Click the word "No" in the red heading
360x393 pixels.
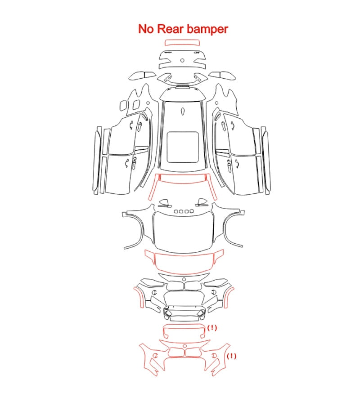click(x=145, y=29)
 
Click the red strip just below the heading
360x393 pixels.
click(x=182, y=42)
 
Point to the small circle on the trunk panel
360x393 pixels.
click(x=182, y=60)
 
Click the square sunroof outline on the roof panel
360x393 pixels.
click(x=183, y=147)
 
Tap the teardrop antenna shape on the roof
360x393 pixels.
click(x=183, y=112)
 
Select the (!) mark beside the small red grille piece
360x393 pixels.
click(x=212, y=328)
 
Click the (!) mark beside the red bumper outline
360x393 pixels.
click(x=231, y=356)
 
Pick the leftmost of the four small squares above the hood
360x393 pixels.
click(x=176, y=211)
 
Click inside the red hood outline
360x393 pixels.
click(x=184, y=263)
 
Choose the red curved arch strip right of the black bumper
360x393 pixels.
click(x=229, y=297)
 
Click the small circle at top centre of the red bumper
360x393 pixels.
click(x=184, y=346)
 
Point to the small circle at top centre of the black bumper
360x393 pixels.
click(x=184, y=279)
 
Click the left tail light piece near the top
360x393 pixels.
click(x=142, y=76)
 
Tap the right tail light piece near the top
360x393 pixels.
click(x=222, y=76)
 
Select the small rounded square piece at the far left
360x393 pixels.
click(x=123, y=106)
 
